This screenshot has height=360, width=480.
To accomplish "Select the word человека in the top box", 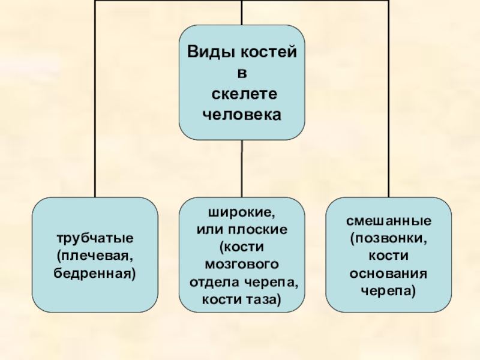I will (242, 114).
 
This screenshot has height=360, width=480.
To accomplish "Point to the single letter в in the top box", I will (242, 74).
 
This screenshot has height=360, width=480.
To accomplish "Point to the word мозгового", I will (241, 263).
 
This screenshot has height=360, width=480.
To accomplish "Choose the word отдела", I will (217, 281).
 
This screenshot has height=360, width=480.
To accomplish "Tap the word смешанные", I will (388, 221).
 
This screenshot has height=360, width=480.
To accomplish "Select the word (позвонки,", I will (388, 238).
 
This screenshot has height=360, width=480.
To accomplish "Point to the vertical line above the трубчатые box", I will (95, 102).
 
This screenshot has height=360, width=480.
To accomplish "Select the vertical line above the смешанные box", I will (388, 102).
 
